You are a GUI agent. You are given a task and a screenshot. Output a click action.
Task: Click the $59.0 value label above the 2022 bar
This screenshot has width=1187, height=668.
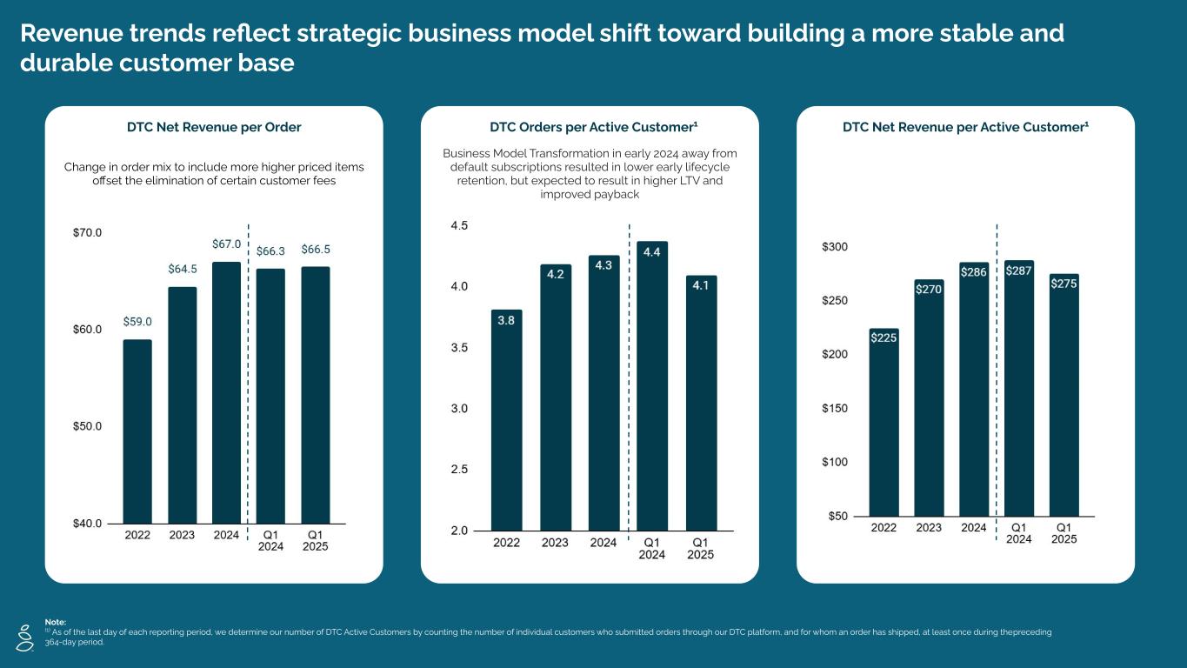137,322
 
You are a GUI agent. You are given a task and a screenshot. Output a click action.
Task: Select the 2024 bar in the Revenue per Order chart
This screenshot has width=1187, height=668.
227,391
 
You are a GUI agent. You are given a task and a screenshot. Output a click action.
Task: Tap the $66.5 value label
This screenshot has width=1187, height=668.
316,250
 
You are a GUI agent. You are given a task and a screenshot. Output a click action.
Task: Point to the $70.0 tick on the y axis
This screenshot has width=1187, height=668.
87,233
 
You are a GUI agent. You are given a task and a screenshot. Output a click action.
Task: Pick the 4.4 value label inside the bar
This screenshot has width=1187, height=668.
652,252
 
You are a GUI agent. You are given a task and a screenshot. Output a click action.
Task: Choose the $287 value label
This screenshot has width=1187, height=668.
1019,271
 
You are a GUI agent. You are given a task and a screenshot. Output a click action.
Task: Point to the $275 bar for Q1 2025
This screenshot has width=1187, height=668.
1064,395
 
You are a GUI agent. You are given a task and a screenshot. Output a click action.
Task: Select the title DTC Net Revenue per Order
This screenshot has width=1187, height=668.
214,128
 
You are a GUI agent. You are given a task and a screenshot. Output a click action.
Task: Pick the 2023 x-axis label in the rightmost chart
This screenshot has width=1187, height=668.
929,528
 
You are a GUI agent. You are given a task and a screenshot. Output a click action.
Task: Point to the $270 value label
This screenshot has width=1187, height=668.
929,290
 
